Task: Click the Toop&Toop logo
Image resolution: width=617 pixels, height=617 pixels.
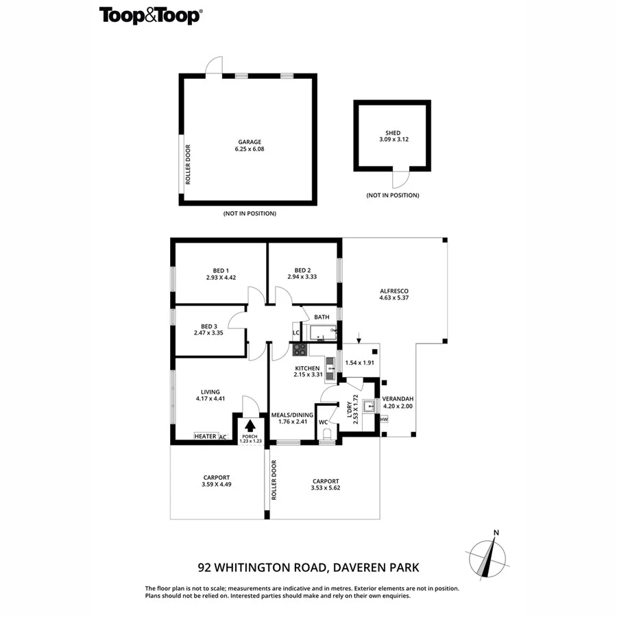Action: pos(150,15)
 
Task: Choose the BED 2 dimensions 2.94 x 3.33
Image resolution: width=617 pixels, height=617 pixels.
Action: pos(303,278)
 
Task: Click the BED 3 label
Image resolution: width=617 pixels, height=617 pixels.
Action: pos(210,326)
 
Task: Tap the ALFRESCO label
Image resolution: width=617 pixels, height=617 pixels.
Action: pos(394,291)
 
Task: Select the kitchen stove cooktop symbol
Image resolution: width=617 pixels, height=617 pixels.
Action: pos(300,349)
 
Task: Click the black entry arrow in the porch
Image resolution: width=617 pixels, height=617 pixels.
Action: pos(249,426)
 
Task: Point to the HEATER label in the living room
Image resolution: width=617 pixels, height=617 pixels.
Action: pos(206,436)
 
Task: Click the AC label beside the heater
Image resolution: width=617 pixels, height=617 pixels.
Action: pos(223,436)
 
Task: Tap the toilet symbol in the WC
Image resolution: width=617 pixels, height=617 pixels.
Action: pos(326,434)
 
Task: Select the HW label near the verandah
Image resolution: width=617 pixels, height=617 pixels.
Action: pos(384,420)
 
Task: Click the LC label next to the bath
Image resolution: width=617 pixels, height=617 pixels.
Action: pos(296,333)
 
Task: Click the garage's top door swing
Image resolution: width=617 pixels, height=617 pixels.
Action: pos(216,64)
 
